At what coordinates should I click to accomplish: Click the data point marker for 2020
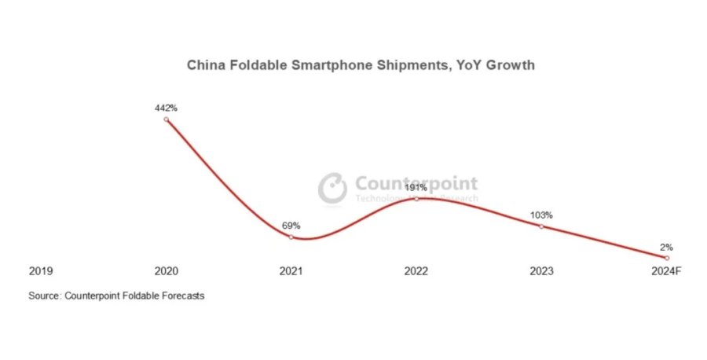tap(166, 119)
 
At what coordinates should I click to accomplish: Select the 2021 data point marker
tap(291, 237)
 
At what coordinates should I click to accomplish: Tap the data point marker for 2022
tap(416, 199)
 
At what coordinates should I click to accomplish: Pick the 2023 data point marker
tap(541, 226)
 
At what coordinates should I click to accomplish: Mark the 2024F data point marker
tap(666, 258)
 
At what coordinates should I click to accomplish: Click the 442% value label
tap(166, 108)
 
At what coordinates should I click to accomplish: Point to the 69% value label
tap(291, 226)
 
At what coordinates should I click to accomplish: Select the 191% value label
tap(416, 188)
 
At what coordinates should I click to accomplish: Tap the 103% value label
tap(541, 215)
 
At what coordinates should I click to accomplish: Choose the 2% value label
tap(666, 247)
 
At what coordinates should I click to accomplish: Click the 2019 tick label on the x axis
tap(41, 271)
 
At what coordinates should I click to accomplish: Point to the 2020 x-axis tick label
tap(166, 271)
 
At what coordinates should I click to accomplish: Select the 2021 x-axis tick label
tap(291, 271)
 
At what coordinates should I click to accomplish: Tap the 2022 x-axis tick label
tap(416, 271)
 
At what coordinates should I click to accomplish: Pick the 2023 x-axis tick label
tap(541, 271)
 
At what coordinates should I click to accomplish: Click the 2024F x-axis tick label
tap(666, 271)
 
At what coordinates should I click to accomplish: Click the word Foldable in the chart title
tap(252, 65)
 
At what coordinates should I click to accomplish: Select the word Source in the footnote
tap(44, 296)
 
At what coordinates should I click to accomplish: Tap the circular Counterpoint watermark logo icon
tap(333, 188)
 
